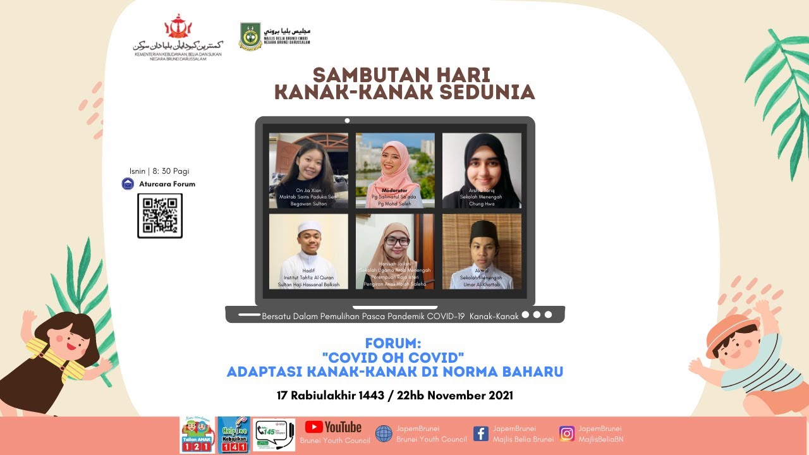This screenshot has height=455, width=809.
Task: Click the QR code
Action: pos(160,215)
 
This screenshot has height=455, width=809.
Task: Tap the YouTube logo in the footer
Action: pos(333,427)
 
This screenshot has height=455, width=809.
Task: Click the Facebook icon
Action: pos(480,434)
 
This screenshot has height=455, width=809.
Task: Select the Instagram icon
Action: pos(566,434)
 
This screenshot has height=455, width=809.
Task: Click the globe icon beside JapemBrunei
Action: pos(384,434)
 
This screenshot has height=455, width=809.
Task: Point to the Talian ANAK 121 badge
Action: pos(196,435)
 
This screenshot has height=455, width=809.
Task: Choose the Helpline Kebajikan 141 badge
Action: pos(233,435)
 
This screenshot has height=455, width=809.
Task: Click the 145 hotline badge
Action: pos(274,435)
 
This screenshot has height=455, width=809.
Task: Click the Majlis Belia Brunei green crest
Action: pos(250,36)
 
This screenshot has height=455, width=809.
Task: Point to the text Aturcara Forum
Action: pos(167,184)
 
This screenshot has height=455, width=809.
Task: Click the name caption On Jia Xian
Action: pos(308,190)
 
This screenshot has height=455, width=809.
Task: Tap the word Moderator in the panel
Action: pos(394,190)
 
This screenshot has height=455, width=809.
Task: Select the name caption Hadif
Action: pos(308,270)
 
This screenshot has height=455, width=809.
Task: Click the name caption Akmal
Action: pos(482,270)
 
